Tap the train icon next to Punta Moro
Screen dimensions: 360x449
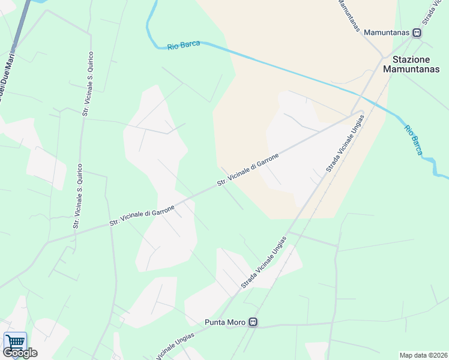tap(253, 322)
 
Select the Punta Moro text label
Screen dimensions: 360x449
tap(225, 322)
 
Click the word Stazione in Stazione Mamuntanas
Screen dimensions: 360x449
tap(411, 59)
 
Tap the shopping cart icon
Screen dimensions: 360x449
tap(15, 342)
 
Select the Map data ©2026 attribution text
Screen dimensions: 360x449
tap(423, 355)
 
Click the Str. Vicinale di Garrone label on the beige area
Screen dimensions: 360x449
tap(249, 169)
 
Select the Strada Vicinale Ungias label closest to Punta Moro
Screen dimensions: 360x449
tap(264, 262)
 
